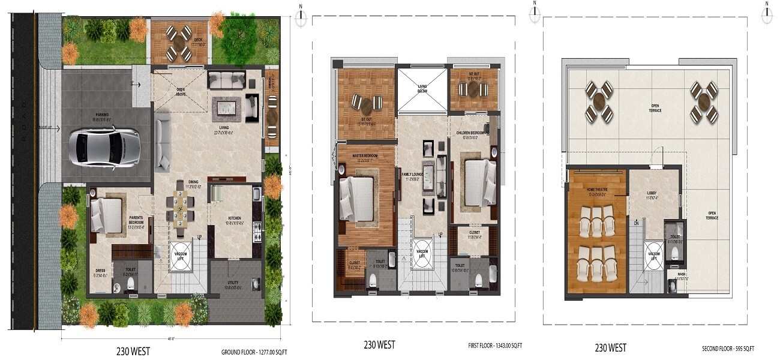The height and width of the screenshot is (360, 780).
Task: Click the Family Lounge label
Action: click(x=411, y=175)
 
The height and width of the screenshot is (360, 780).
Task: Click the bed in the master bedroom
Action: click(x=358, y=194)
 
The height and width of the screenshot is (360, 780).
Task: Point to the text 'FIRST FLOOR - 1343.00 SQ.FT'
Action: click(x=494, y=346)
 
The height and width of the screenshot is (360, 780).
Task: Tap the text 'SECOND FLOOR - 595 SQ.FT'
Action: click(x=728, y=349)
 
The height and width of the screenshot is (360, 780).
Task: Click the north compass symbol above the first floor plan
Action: click(x=302, y=9)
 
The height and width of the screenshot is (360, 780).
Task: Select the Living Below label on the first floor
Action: click(x=422, y=89)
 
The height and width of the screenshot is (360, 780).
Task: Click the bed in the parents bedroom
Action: click(x=107, y=214)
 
